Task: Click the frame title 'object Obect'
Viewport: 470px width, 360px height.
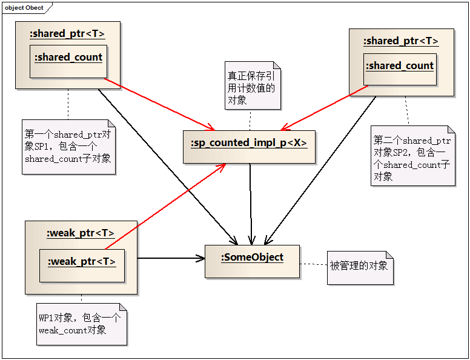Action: tap(24, 8)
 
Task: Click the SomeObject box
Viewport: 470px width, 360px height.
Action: tap(252, 261)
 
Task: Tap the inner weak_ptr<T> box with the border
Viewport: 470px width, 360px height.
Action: tap(82, 265)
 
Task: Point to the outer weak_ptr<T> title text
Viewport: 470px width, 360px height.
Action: tap(81, 233)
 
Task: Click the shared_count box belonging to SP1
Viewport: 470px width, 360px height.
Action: tap(68, 61)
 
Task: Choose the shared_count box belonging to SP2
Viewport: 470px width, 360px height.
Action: tap(399, 69)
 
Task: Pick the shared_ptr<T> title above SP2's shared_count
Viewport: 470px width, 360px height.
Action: tap(401, 41)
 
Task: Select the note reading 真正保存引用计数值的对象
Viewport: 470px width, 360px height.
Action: tap(252, 85)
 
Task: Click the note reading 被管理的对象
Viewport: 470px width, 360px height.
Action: tap(360, 267)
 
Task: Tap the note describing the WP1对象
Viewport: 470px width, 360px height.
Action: tap(81, 324)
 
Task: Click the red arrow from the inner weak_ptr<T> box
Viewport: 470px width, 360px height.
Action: tap(164, 207)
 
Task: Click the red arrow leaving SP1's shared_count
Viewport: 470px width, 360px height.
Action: tap(161, 104)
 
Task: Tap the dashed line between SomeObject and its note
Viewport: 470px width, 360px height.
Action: tap(313, 264)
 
